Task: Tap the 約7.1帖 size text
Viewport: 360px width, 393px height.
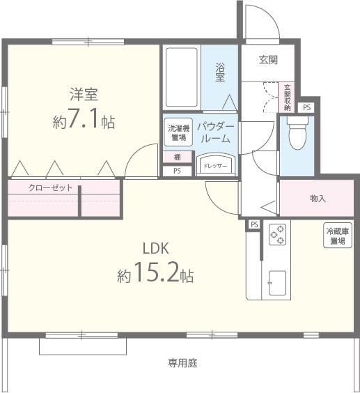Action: tap(84, 121)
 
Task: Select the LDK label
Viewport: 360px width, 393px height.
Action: tap(156, 249)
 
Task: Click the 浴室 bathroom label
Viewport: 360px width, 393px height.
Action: tap(219, 72)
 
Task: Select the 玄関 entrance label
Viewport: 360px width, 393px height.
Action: tap(269, 60)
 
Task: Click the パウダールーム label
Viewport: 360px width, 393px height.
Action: tap(215, 132)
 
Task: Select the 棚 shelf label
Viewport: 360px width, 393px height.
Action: tap(177, 157)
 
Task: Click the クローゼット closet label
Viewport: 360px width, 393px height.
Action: tap(50, 188)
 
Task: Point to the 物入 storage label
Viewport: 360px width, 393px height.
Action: tap(318, 199)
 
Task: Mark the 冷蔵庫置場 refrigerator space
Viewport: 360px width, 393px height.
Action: tap(336, 236)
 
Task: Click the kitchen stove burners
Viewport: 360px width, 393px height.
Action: tap(277, 235)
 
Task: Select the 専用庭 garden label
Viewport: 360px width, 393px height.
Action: tap(183, 362)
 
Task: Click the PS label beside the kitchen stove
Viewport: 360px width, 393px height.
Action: tap(254, 224)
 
